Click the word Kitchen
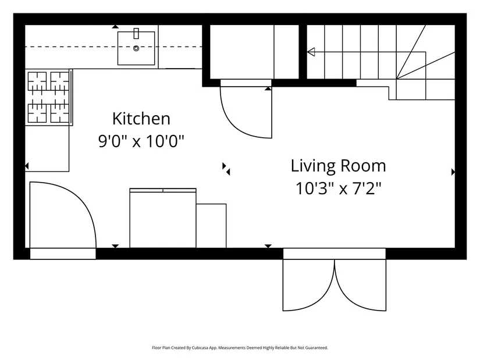pyautogui.click(x=141, y=119)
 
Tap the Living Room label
pyautogui.click(x=338, y=166)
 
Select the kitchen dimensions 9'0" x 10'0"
pyautogui.click(x=141, y=141)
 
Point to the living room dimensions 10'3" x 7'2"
pyautogui.click(x=338, y=188)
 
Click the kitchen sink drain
pyautogui.click(x=136, y=48)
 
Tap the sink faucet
pyautogui.click(x=136, y=33)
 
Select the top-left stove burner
pyautogui.click(x=37, y=81)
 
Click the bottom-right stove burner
pyautogui.click(x=60, y=113)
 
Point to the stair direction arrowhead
pyautogui.click(x=311, y=52)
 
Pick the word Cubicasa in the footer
pyautogui.click(x=199, y=348)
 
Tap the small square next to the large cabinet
pyautogui.click(x=211, y=226)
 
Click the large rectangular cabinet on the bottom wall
pyautogui.click(x=163, y=218)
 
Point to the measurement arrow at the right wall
pyautogui.click(x=453, y=172)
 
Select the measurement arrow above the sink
pyautogui.click(x=115, y=27)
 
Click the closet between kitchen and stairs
pyautogui.click(x=254, y=52)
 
